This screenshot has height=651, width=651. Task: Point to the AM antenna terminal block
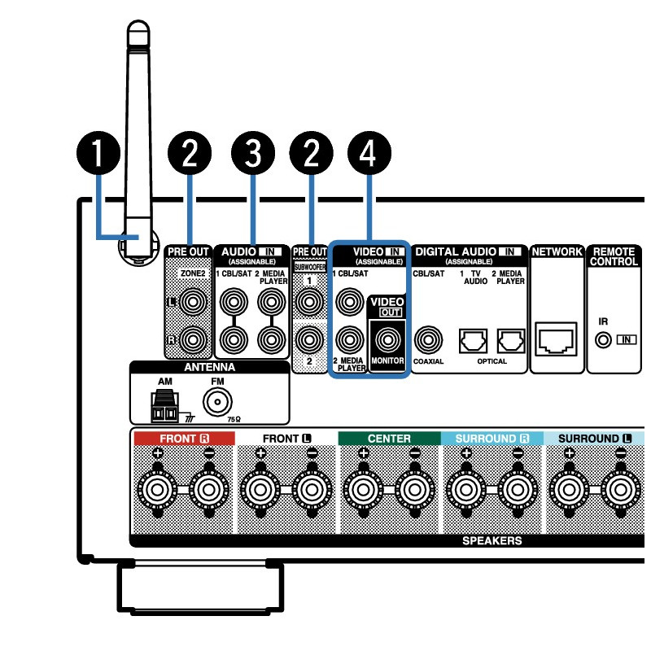tap(165, 408)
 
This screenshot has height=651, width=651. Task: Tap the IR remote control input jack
tap(603, 339)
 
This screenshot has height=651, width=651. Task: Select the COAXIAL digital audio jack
tap(428, 338)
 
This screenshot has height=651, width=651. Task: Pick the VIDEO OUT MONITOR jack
tap(387, 337)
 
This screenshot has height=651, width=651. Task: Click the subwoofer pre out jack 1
tap(309, 303)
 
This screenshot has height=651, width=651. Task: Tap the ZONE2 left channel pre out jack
tap(192, 303)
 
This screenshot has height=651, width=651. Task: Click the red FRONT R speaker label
tap(183, 439)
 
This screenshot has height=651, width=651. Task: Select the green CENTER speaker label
tap(389, 439)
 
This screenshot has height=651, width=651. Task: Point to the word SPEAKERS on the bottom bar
tap(492, 540)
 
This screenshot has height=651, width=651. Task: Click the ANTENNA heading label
tap(208, 368)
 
